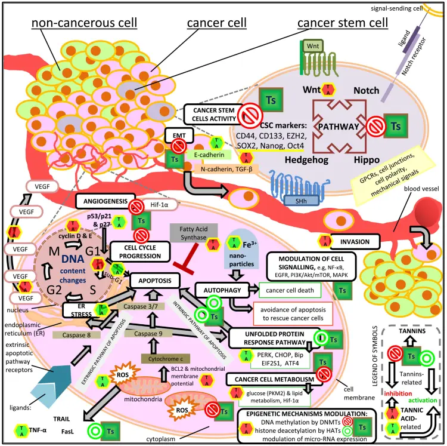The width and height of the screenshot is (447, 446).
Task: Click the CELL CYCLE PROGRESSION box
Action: [x=138, y=252]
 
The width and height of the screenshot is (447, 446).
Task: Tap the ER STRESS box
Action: [x=80, y=309]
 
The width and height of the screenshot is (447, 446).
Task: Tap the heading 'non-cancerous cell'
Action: [x=84, y=23]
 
